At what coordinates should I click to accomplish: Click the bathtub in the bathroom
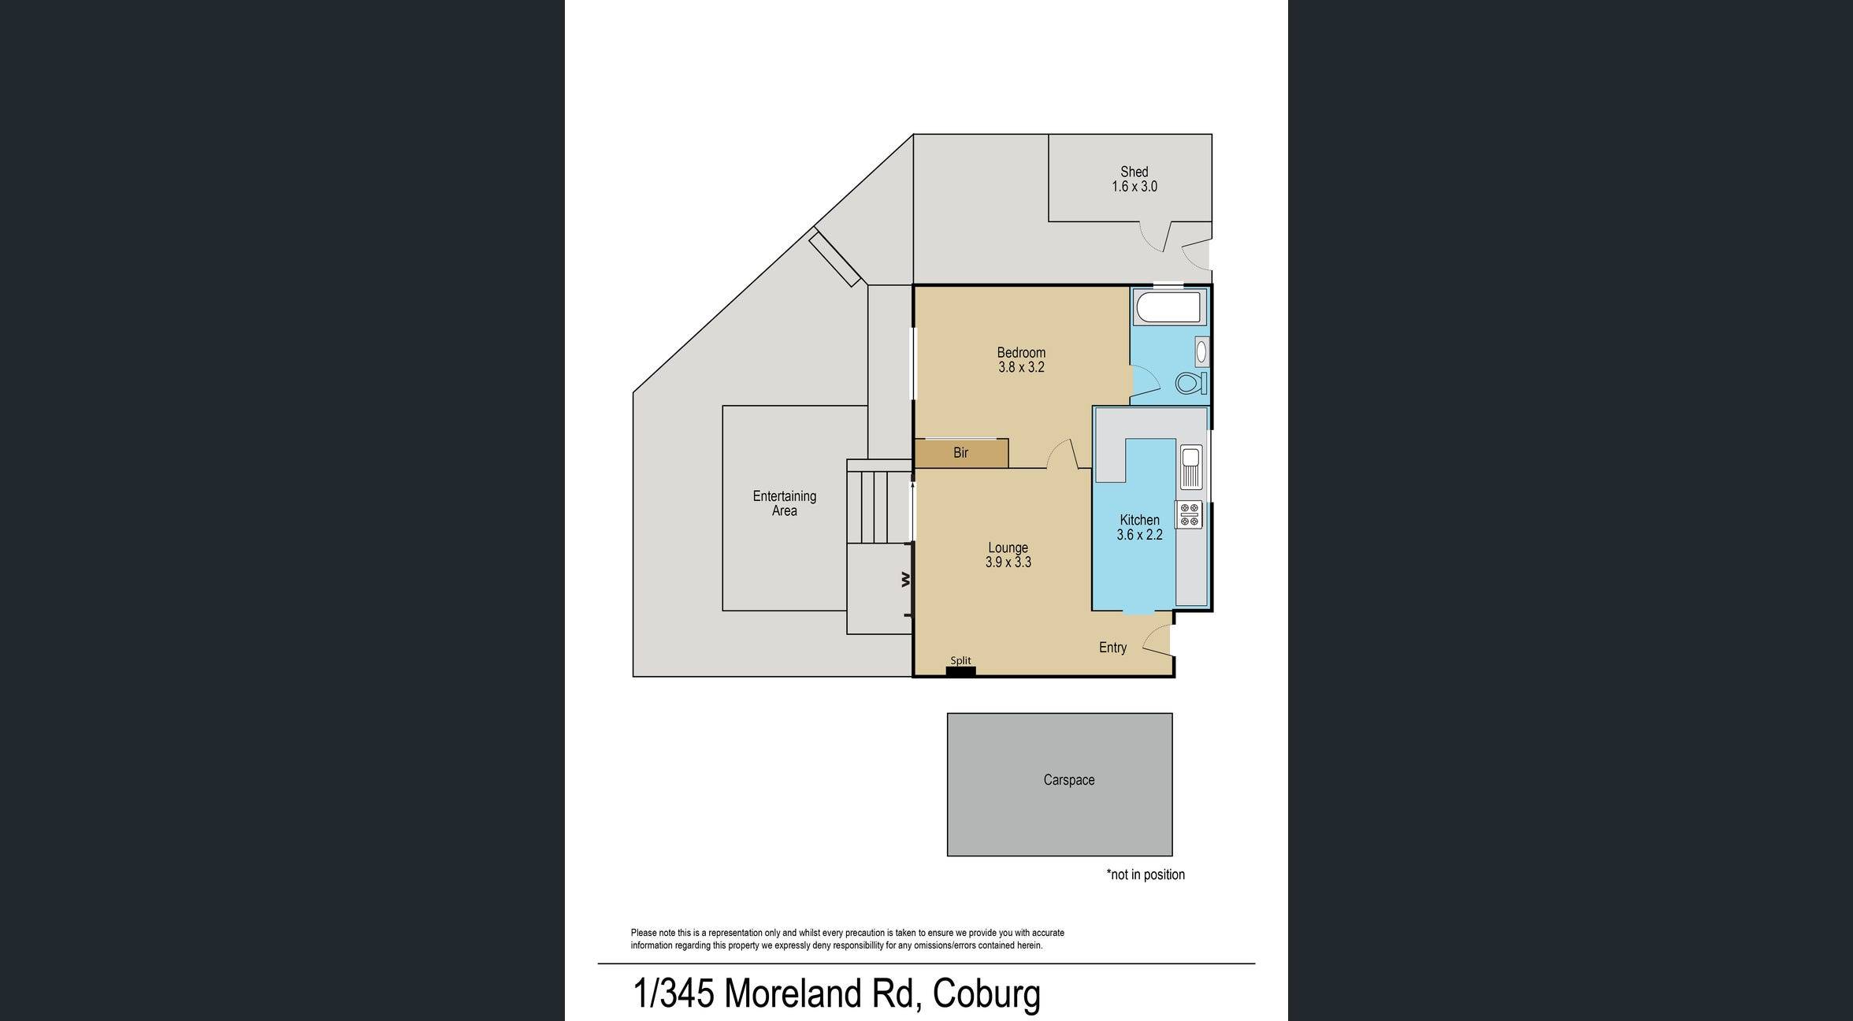1169,308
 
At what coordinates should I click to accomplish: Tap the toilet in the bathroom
1190,384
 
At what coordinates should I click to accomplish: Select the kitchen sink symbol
1190,466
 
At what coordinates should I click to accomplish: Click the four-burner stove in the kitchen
1190,514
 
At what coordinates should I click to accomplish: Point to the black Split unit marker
960,671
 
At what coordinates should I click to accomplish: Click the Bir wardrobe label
960,453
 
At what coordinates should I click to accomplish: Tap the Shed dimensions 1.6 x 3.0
1134,187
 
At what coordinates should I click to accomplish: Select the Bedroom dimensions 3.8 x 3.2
1021,367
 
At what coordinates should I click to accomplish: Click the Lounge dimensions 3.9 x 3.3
1008,562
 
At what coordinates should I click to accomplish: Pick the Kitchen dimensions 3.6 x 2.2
1139,535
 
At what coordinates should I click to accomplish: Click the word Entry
1112,648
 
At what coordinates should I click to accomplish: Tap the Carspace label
1069,780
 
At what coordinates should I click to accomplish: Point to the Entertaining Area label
784,503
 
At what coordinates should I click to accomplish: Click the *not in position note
1146,874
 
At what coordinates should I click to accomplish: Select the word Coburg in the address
986,993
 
